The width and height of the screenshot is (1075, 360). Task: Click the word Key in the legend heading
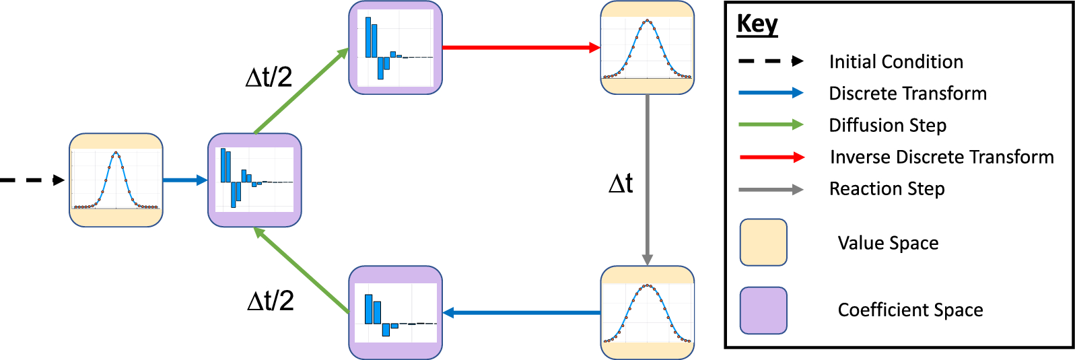(757, 24)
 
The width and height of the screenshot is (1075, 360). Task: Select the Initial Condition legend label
(896, 62)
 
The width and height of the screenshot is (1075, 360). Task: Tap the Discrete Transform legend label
(907, 94)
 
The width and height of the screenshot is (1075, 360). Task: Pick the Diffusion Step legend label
(887, 125)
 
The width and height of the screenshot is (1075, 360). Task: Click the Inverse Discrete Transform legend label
(942, 157)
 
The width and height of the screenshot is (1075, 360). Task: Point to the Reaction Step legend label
(887, 189)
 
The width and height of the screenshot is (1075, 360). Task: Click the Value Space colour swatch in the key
(763, 242)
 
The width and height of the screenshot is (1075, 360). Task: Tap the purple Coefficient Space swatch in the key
(763, 310)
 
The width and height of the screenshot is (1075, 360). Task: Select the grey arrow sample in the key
(771, 190)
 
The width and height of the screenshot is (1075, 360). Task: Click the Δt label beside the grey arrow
(621, 184)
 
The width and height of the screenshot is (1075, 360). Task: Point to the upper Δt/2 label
(269, 78)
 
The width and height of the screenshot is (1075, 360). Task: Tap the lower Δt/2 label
(271, 301)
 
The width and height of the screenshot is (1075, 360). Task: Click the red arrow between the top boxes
(520, 48)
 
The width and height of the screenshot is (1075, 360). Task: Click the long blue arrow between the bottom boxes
(521, 313)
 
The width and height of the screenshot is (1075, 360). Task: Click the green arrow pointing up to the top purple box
(301, 91)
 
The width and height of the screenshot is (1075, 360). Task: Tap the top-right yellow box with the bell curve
(647, 48)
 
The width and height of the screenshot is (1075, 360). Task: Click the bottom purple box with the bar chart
(395, 313)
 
